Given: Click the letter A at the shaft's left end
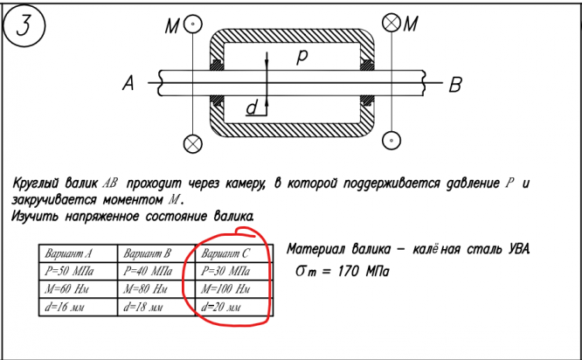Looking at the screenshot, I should click(x=129, y=85).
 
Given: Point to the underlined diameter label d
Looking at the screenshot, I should click(x=252, y=107).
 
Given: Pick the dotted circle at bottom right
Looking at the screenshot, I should click(x=391, y=139).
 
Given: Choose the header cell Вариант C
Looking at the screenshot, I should click(x=226, y=254).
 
